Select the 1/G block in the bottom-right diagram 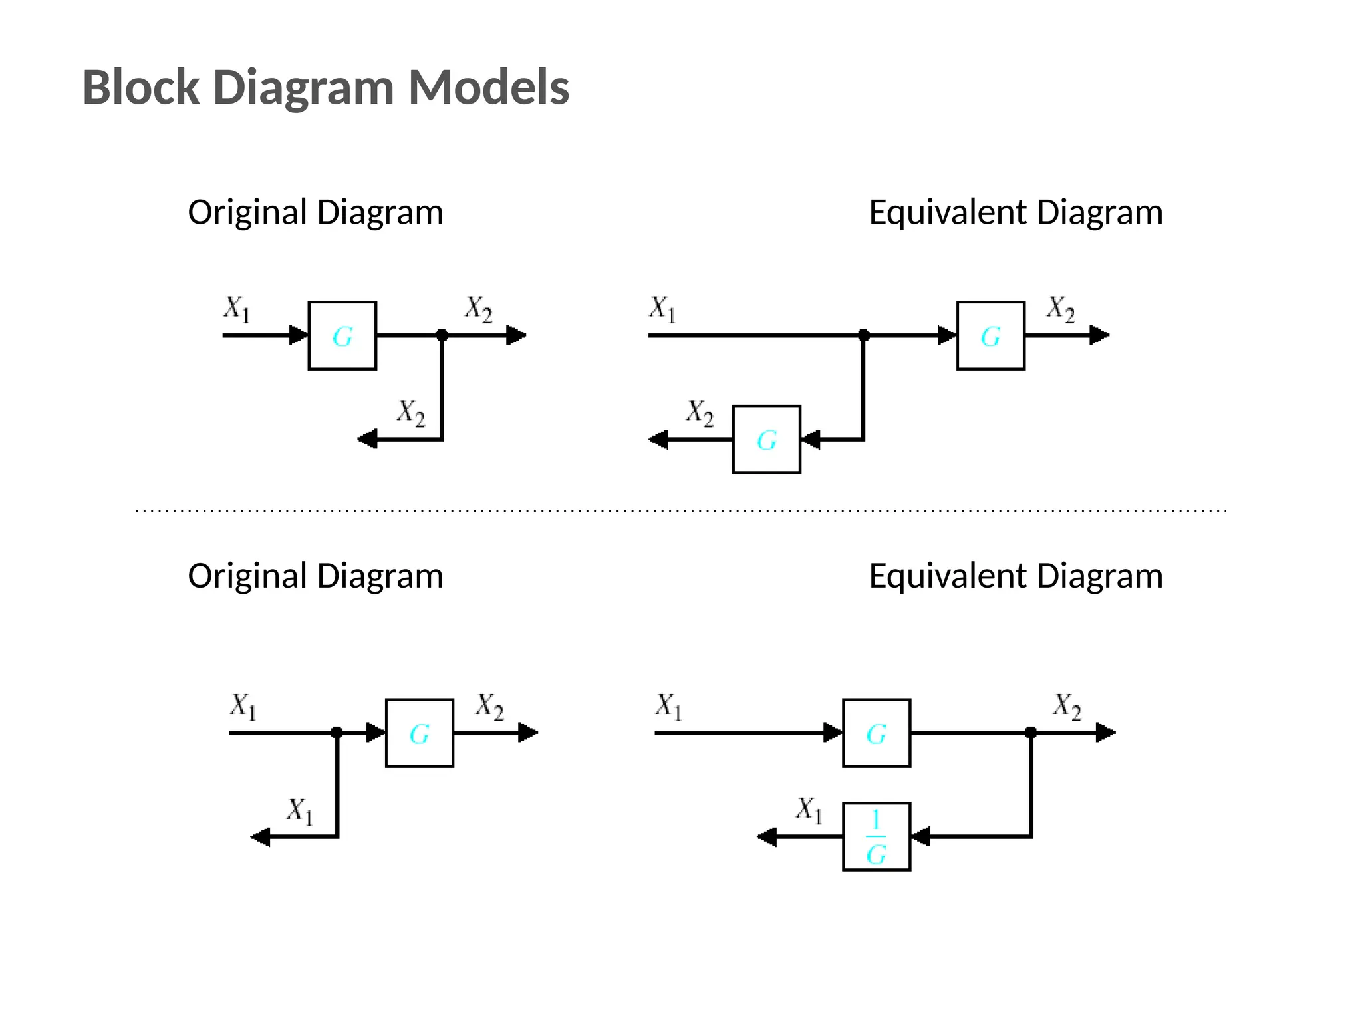point(876,836)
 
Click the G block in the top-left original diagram point(342,335)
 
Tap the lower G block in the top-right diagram point(766,439)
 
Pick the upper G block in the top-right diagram point(990,335)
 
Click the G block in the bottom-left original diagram point(419,733)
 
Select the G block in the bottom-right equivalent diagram point(876,733)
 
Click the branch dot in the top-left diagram point(442,335)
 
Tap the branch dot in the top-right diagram point(863,335)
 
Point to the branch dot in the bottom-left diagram point(337,732)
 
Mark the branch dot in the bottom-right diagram point(1031,732)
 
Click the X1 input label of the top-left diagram point(236,309)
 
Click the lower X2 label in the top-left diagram point(410,413)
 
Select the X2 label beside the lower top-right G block point(700,413)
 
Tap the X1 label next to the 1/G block point(809,810)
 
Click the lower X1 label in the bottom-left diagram point(299,811)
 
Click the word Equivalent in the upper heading point(948,213)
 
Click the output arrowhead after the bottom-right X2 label point(1105,733)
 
